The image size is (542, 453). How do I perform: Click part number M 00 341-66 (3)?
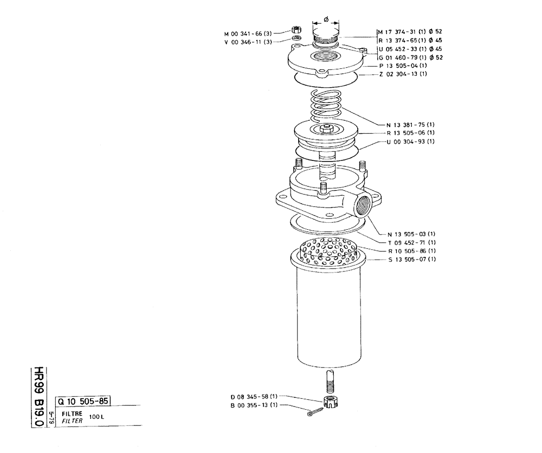tap(249, 33)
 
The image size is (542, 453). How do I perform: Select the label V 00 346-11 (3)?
tap(249, 42)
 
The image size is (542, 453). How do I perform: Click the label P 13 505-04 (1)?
tap(403, 66)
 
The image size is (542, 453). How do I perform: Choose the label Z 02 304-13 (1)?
tap(403, 74)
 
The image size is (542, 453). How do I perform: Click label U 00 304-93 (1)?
tap(411, 141)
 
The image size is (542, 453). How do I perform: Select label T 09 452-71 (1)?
tap(412, 242)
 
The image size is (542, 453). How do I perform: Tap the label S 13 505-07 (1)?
tap(412, 260)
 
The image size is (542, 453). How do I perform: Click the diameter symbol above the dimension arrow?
tap(326, 18)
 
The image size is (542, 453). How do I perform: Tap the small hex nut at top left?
tap(297, 30)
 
